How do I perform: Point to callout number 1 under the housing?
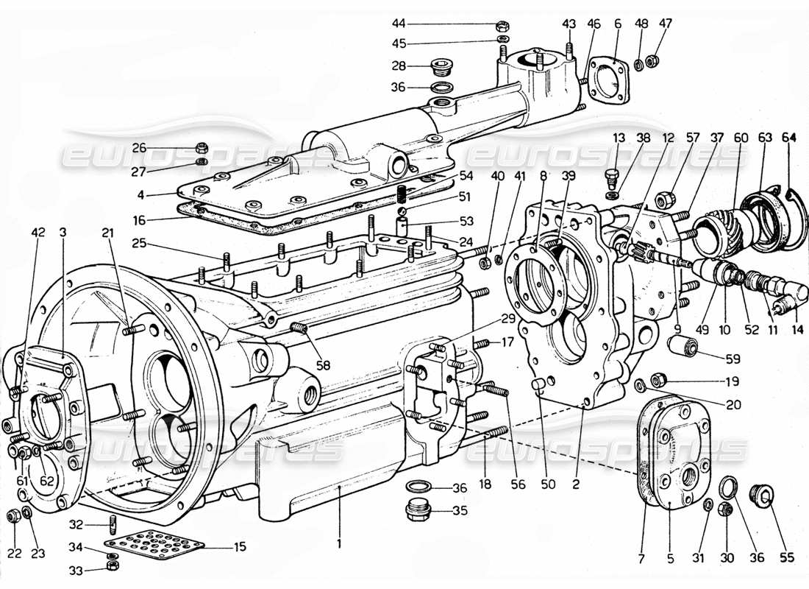click(339, 544)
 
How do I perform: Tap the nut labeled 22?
click(13, 516)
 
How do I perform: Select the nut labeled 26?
click(202, 147)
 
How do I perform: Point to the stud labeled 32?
click(113, 526)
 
